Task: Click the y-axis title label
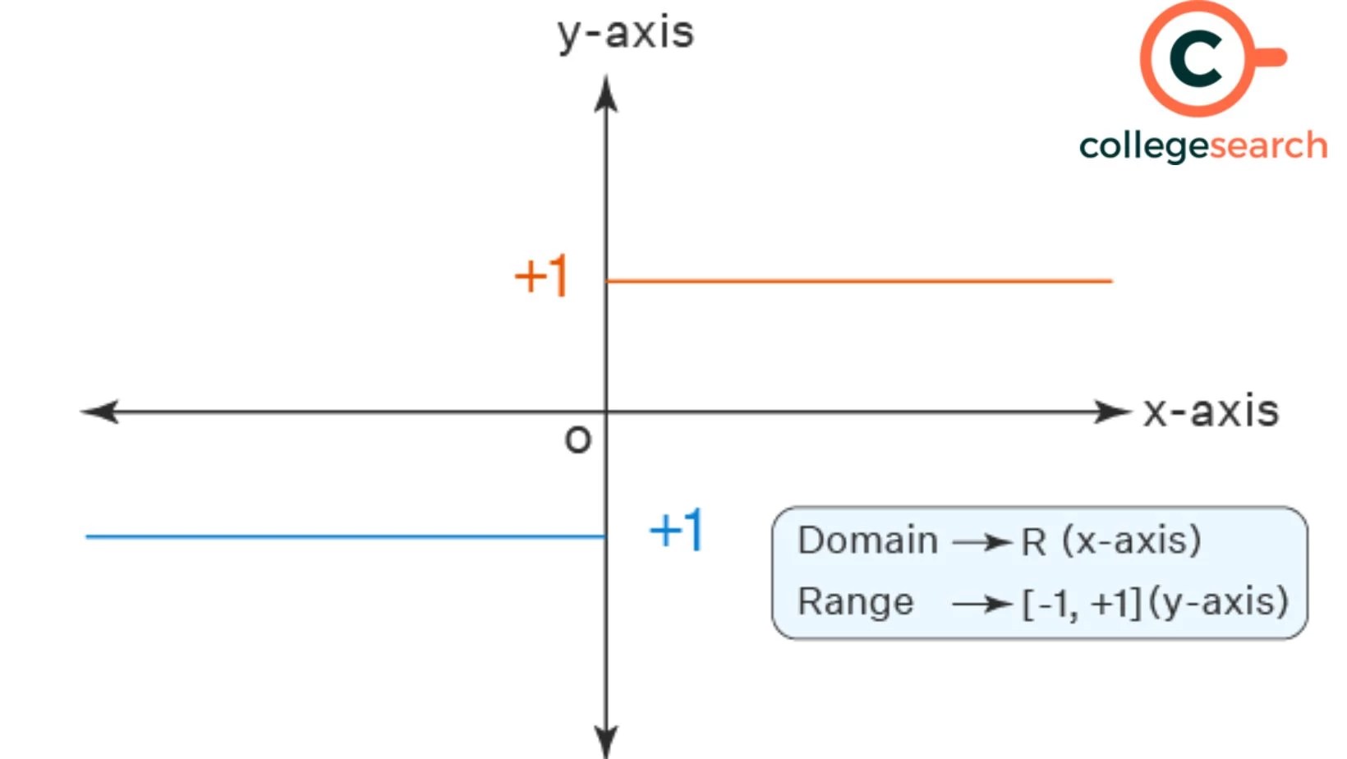[626, 34]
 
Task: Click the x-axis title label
[1211, 411]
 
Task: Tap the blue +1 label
[676, 530]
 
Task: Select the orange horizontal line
[858, 281]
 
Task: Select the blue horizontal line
[345, 536]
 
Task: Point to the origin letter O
[577, 440]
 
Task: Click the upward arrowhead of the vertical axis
[606, 94]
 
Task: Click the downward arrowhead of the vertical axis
[606, 739]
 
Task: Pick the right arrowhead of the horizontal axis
[1112, 412]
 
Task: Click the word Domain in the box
[867, 540]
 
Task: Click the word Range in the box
[855, 601]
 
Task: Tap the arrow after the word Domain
[981, 542]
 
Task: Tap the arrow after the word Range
[981, 605]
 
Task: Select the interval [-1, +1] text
[1082, 604]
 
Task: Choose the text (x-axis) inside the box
[1132, 540]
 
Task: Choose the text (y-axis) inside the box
[1219, 602]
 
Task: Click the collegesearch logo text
[1202, 146]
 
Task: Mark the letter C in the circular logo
[1196, 58]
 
